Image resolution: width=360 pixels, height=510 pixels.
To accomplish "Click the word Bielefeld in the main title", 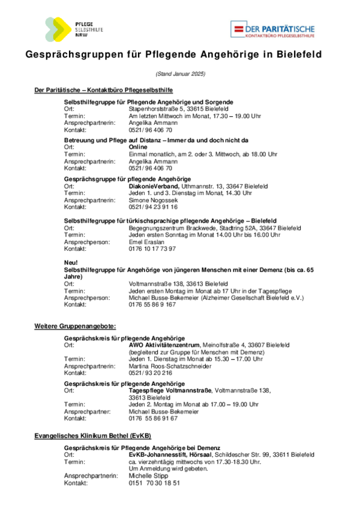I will pyautogui.click(x=299, y=55).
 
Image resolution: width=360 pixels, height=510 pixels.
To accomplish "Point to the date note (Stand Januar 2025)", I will pyautogui.click(x=180, y=74).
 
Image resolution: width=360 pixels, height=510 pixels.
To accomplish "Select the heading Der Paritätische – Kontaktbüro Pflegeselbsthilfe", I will pyautogui.click(x=104, y=90).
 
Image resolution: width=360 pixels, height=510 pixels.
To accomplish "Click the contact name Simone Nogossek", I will pyautogui.click(x=154, y=200).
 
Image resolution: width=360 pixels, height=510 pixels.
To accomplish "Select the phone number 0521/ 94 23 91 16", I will pyautogui.click(x=154, y=206).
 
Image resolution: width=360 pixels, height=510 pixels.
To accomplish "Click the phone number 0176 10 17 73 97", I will pyautogui.click(x=152, y=248).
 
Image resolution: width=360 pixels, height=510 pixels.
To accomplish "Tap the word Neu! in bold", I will pyautogui.click(x=71, y=263).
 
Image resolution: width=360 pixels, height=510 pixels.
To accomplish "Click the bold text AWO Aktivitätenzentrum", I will pyautogui.click(x=164, y=346).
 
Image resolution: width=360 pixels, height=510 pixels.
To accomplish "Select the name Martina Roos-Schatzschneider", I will pyautogui.click(x=170, y=365).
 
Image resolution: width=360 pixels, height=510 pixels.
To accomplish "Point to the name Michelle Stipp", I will pyautogui.click(x=149, y=476).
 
